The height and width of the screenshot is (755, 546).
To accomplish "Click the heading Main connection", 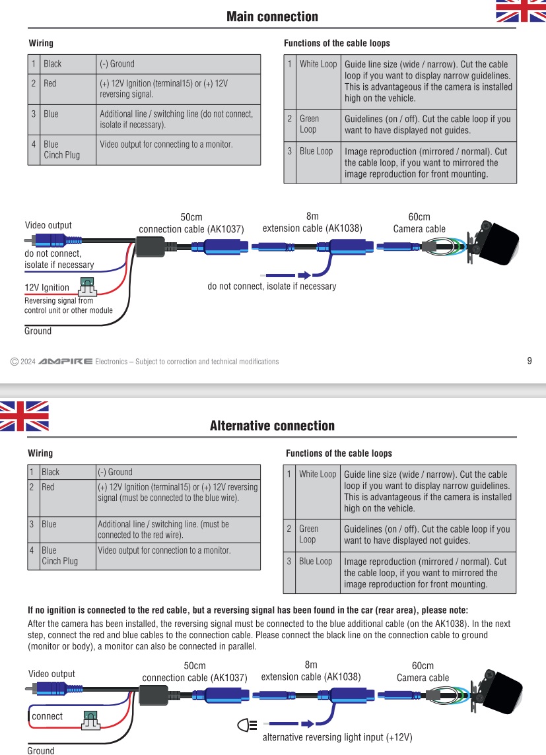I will click(272, 16).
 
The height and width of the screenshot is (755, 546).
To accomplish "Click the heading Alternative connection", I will click(272, 426).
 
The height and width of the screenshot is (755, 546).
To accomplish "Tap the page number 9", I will click(529, 360).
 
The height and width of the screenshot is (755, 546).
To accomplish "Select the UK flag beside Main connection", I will click(521, 11).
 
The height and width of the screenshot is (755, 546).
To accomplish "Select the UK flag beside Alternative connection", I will click(24, 416).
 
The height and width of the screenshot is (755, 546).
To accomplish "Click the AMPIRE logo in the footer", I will click(65, 362).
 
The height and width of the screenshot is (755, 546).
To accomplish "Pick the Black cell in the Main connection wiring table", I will click(53, 64).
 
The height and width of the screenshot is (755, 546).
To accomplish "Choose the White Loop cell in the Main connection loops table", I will click(318, 64).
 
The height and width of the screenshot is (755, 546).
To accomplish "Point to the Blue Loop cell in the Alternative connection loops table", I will click(316, 561).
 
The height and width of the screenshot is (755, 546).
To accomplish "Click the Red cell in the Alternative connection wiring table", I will click(49, 487).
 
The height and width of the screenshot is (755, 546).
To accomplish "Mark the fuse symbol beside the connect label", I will click(90, 719).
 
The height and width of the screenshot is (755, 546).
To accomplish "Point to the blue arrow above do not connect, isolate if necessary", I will click(304, 275).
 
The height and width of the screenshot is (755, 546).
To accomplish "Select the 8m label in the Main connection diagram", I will click(312, 216).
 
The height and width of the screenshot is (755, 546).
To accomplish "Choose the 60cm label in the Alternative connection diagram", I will click(423, 666).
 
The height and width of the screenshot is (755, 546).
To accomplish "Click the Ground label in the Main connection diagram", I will click(38, 331).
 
